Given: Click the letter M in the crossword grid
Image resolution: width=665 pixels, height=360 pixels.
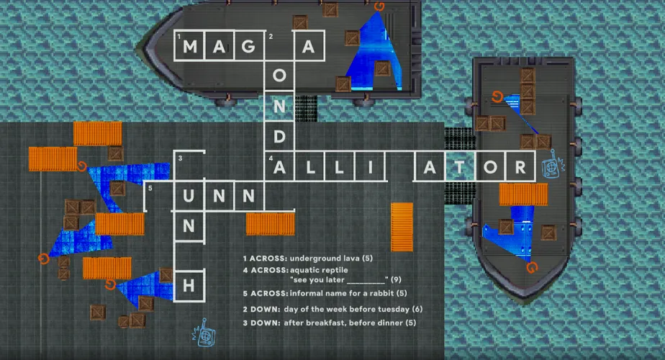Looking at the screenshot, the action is [189, 46].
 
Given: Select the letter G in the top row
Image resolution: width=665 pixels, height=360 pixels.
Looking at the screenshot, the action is [248, 46].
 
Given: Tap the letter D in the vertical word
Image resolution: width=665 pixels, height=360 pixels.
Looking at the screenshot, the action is [279, 137].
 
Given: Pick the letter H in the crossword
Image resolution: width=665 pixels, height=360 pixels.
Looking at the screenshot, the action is [189, 286].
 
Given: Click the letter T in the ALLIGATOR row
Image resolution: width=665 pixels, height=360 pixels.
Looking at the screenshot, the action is [460, 168].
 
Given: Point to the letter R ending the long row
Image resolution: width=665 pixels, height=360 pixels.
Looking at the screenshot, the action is [520, 168].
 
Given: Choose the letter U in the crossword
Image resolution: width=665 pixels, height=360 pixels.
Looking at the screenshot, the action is [189, 196].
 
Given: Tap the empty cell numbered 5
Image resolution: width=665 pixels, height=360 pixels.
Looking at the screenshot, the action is [159, 196].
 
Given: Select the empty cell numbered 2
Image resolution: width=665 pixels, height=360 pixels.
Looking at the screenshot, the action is [279, 46].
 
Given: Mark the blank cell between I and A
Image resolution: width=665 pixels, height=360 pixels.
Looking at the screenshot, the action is [399, 166].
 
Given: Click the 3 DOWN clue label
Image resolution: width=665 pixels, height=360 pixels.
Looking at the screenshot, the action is [261, 323].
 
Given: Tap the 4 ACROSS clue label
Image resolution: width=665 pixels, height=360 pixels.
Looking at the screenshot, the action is [266, 270].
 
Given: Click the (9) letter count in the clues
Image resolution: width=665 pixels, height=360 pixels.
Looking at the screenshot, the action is [396, 280].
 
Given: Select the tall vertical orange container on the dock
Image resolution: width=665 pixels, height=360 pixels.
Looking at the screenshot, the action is [402, 227].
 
